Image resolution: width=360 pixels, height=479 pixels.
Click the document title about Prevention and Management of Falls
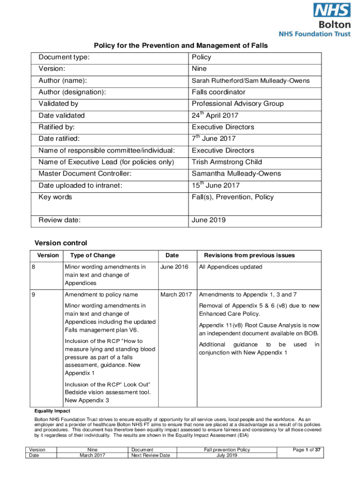(181, 45)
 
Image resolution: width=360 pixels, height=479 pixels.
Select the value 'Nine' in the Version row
(199, 69)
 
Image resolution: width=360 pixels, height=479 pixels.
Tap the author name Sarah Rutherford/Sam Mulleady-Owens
(250, 80)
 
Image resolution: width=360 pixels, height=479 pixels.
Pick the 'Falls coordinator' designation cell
(218, 92)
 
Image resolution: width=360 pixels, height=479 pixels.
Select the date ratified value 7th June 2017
(214, 138)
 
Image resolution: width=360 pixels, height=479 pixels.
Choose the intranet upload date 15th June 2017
(216, 185)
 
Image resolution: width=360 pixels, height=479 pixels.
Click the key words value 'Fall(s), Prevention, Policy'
(232, 197)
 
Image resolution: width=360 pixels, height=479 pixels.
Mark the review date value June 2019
(209, 220)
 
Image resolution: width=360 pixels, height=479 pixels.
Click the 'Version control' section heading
(61, 243)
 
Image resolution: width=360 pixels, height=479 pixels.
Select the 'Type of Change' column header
(93, 255)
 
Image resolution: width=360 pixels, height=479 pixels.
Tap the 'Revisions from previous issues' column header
(249, 255)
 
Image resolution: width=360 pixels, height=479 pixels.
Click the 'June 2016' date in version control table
(174, 267)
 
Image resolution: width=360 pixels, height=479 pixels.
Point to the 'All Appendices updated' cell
(230, 267)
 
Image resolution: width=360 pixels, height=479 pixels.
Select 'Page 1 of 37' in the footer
(307, 450)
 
